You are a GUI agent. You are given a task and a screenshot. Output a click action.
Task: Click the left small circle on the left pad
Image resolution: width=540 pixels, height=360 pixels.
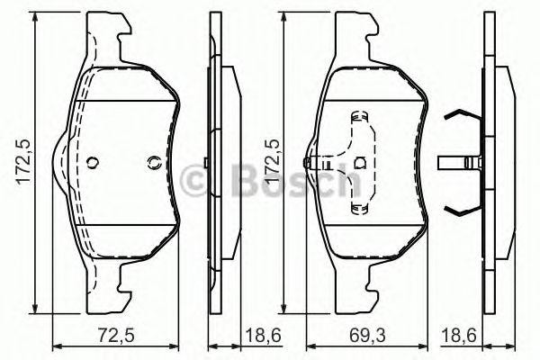(94, 163)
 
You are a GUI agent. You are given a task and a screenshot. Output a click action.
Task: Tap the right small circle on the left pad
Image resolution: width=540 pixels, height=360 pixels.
(151, 163)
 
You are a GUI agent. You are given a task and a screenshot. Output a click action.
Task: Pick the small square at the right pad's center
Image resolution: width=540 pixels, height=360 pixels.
(359, 163)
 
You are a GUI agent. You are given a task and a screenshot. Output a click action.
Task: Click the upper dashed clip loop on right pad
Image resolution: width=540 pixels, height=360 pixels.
(359, 116)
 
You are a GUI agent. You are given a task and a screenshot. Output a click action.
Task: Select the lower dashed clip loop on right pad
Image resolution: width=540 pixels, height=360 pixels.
(359, 211)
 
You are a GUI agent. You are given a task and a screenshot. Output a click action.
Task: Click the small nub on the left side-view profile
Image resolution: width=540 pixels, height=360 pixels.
(206, 163)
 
